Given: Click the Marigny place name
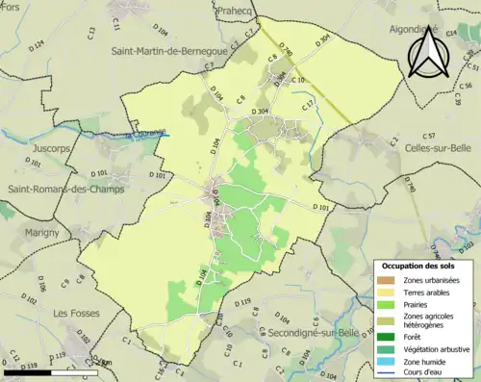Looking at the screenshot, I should click(30, 231).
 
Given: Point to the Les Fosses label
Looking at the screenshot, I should click(74, 313).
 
